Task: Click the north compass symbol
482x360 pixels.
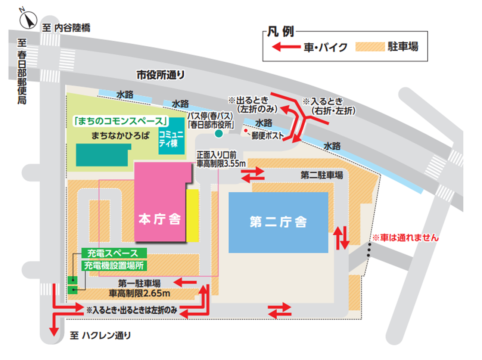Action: click(28, 20)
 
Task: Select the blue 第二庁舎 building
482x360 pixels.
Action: click(278, 222)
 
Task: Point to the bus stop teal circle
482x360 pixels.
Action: click(218, 133)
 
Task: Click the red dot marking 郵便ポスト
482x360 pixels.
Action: click(246, 131)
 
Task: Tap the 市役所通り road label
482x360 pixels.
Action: click(160, 75)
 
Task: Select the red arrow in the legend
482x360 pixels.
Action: click(286, 47)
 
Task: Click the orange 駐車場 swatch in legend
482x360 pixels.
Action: click(369, 47)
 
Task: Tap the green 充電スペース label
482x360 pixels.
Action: click(113, 253)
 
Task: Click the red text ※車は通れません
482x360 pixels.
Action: click(405, 238)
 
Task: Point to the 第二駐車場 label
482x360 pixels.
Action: click(321, 175)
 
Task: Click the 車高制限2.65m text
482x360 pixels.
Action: click(139, 294)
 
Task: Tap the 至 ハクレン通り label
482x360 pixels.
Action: click(100, 335)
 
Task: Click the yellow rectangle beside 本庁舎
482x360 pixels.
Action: click(193, 215)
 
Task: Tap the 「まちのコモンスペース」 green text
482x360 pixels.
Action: click(121, 121)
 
